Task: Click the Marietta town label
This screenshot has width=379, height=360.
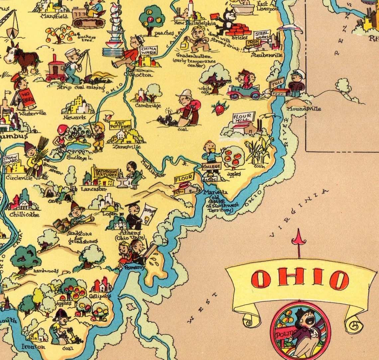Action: click(216, 192)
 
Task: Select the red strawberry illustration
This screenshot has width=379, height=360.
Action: click(220, 108)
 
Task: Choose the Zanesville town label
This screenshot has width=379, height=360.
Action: click(126, 146)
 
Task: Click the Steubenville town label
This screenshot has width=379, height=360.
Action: click(267, 55)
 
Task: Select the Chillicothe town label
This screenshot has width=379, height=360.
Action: click(24, 214)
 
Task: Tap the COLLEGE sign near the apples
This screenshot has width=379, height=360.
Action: click(211, 166)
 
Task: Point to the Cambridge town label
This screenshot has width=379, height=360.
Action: click(148, 105)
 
